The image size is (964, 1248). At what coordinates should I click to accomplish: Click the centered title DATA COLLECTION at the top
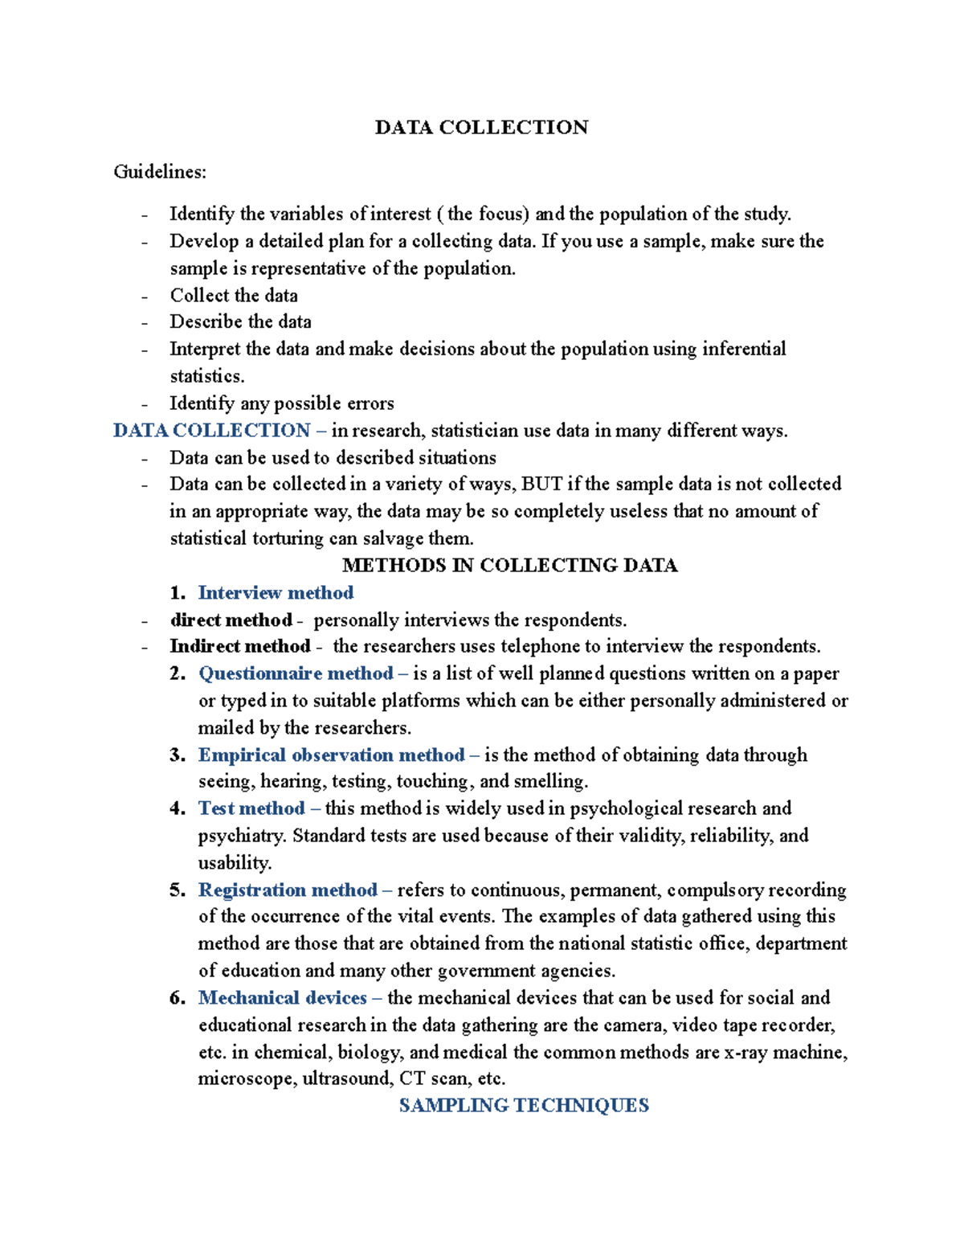pyautogui.click(x=481, y=128)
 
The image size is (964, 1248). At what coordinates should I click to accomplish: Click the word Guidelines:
pyautogui.click(x=160, y=172)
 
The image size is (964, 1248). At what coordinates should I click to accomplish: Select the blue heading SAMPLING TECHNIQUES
pyautogui.click(x=524, y=1106)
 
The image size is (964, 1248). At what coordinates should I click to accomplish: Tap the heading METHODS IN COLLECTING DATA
pyautogui.click(x=509, y=566)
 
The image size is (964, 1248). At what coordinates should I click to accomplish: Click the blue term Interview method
pyautogui.click(x=276, y=593)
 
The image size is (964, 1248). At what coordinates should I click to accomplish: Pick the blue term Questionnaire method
pyautogui.click(x=296, y=673)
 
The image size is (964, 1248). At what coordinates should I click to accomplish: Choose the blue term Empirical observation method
pyautogui.click(x=331, y=755)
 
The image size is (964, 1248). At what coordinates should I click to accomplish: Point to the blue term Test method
pyautogui.click(x=251, y=808)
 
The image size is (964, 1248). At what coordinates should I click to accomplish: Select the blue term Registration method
pyautogui.click(x=288, y=890)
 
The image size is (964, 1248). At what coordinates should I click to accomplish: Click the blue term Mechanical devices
pyautogui.click(x=282, y=998)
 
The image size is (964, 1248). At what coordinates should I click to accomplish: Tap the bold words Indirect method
pyautogui.click(x=239, y=647)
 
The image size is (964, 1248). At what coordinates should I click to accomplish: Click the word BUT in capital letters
pyautogui.click(x=542, y=484)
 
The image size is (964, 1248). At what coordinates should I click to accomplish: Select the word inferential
pyautogui.click(x=744, y=349)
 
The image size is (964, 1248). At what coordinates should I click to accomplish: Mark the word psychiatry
pyautogui.click(x=242, y=837)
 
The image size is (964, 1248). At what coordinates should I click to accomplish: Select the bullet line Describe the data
pyautogui.click(x=240, y=322)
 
